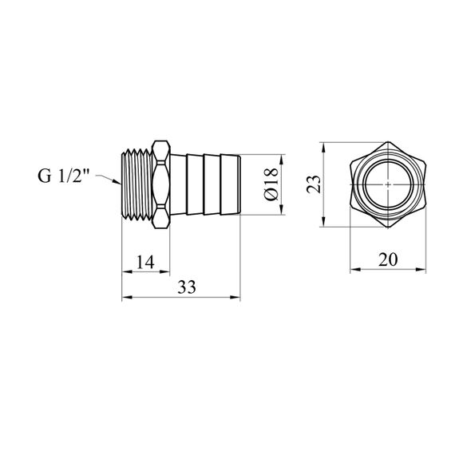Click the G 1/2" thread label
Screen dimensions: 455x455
click(64, 176)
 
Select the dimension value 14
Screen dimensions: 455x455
click(145, 262)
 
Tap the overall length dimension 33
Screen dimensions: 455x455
click(187, 287)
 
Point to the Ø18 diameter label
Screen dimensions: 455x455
click(271, 184)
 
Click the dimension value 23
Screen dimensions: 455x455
click(314, 184)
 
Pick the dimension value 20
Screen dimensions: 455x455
click(388, 259)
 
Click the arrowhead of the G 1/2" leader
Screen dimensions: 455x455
click(117, 182)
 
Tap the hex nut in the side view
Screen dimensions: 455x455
click(160, 184)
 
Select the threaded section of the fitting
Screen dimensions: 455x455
click(137, 184)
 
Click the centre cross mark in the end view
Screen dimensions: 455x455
click(388, 184)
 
